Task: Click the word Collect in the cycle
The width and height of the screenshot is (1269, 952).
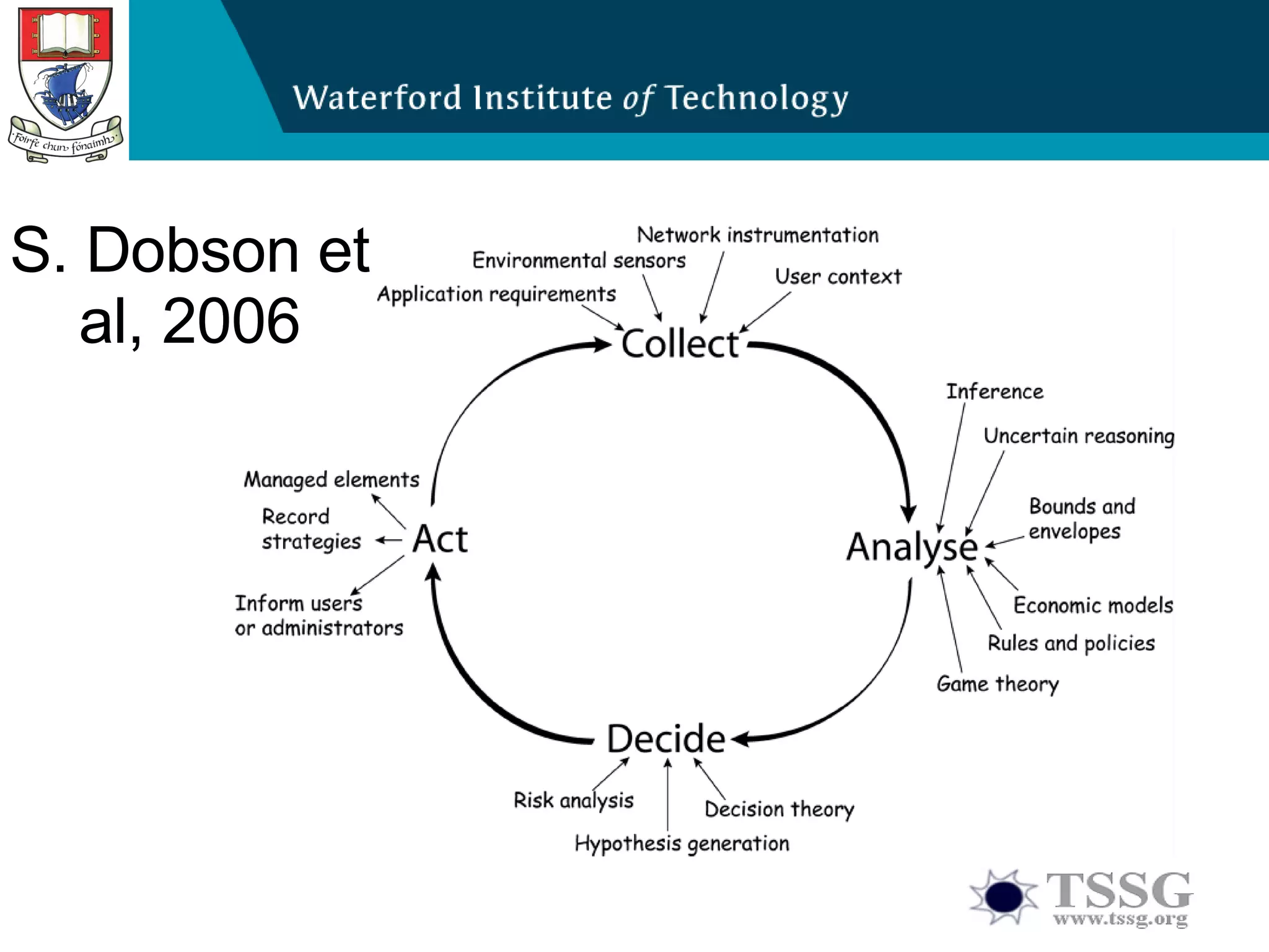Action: click(x=680, y=344)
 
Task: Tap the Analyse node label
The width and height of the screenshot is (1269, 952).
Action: click(x=911, y=547)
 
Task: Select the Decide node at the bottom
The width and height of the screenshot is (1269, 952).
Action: click(x=665, y=738)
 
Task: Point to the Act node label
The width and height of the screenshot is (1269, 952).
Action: click(x=440, y=539)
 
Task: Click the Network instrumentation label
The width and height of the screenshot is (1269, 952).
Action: click(x=757, y=235)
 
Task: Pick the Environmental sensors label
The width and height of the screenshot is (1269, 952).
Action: click(x=579, y=260)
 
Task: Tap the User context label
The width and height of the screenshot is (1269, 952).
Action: click(x=838, y=276)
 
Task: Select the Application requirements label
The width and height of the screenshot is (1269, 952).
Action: click(x=496, y=294)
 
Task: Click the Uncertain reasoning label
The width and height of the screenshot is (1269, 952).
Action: click(x=1079, y=436)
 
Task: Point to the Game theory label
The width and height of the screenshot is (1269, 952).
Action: click(x=998, y=684)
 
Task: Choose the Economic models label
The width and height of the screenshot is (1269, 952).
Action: click(x=1093, y=605)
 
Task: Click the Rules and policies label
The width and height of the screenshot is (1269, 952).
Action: click(x=1071, y=643)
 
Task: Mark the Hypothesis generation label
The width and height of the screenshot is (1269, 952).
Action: click(x=682, y=844)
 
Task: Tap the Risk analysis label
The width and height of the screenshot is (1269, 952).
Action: click(x=573, y=800)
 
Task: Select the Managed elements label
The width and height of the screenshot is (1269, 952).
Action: click(x=332, y=480)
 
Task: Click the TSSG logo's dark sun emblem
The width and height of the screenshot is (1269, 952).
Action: click(x=1003, y=896)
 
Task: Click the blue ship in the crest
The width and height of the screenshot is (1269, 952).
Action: click(x=62, y=93)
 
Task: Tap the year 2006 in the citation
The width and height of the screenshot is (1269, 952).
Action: click(x=231, y=320)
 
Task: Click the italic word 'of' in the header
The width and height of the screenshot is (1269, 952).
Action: click(x=638, y=99)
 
